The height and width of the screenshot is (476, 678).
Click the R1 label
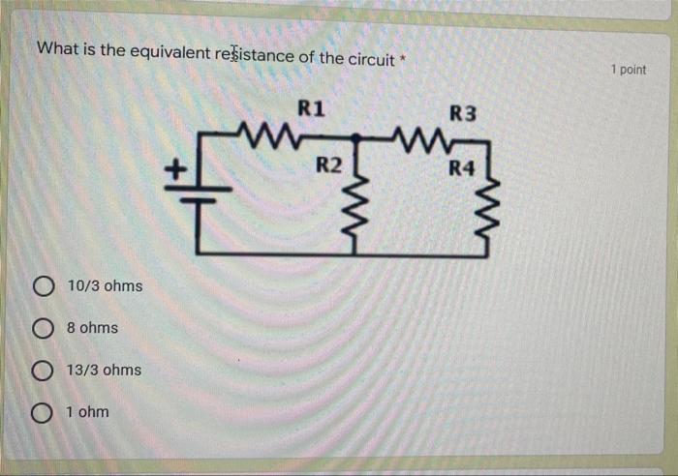pos(310,107)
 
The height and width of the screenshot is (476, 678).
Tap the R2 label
pos(329,164)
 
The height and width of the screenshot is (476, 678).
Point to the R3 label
pos(463,113)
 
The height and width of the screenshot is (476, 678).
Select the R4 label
pos(461,169)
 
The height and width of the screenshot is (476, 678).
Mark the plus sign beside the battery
pos(174,170)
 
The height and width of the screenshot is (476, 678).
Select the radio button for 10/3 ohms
pos(42,286)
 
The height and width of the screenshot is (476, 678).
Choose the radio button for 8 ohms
pos(42,328)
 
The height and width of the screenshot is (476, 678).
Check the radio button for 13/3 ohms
pos(42,371)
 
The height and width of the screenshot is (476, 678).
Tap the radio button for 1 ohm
pos(42,413)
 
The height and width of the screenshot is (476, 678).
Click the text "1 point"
pos(629,70)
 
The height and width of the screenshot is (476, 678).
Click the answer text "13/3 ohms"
pos(104,371)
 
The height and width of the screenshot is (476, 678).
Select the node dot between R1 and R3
pos(355,137)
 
